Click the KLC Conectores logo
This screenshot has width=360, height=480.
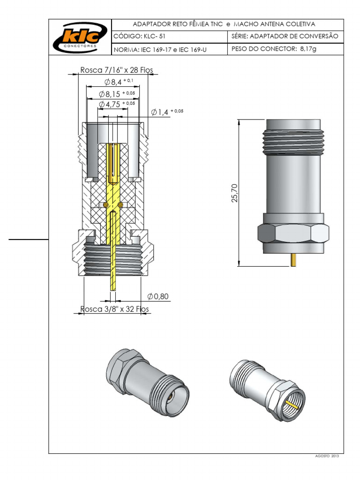click(80, 37)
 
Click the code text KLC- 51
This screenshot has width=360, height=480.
click(139, 36)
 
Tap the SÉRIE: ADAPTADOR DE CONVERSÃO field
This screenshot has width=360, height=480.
click(285, 36)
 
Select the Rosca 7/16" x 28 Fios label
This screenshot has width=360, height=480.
click(117, 70)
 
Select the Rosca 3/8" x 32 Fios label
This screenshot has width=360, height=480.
click(114, 309)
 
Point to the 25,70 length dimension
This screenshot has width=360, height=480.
click(235, 193)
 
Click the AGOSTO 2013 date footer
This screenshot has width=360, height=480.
click(328, 456)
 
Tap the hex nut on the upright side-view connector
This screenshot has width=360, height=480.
click(292, 233)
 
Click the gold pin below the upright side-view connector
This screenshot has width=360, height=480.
click(293, 260)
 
